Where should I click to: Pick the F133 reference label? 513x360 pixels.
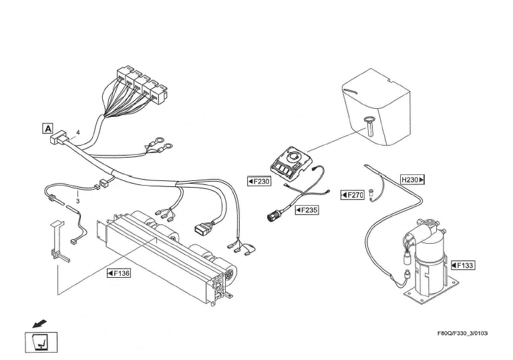pyautogui.click(x=463, y=265)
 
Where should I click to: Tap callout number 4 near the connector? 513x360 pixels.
pyautogui.click(x=78, y=133)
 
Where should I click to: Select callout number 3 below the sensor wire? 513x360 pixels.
pyautogui.click(x=77, y=200)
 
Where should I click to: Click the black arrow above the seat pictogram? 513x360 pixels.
pyautogui.click(x=31, y=324)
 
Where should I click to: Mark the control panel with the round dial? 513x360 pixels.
pyautogui.click(x=289, y=162)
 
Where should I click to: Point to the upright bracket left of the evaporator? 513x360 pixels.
pyautogui.click(x=56, y=240)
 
